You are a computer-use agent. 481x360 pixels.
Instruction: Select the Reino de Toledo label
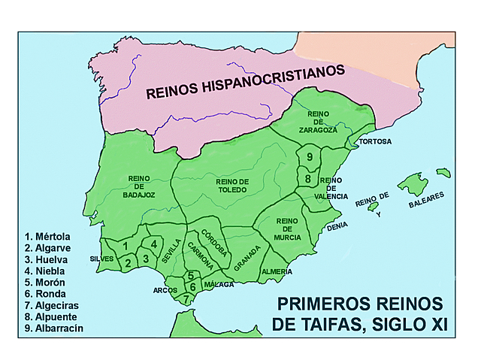[231, 186]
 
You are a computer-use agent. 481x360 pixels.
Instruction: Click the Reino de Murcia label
[288, 228]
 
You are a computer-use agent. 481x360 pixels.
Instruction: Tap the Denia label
[336, 225]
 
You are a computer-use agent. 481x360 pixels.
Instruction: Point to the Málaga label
[219, 285]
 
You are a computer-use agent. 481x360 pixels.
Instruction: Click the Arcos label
[165, 289]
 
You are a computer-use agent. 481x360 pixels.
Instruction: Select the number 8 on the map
[307, 179]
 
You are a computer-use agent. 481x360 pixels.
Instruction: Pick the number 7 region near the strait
[186, 298]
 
